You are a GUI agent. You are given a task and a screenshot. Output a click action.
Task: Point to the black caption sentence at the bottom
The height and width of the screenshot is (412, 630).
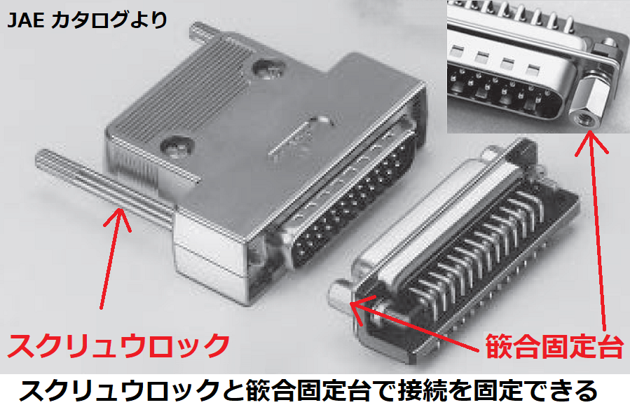[308, 391]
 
